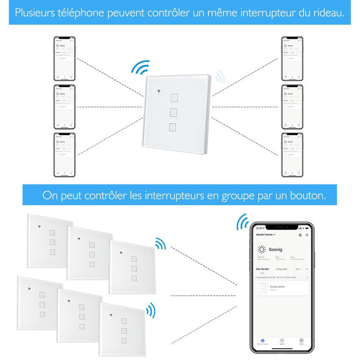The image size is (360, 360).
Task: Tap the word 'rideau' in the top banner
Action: point(329,12)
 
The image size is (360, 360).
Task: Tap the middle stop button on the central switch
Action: point(174,112)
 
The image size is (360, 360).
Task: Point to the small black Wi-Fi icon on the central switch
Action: point(158,93)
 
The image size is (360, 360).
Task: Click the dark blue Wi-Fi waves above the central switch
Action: point(140,68)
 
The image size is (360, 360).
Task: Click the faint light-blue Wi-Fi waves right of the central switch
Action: point(220,77)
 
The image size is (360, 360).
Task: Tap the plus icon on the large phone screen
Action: point(307,234)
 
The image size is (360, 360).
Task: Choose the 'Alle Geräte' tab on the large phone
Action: point(262,269)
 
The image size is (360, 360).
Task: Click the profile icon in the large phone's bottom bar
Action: point(301,341)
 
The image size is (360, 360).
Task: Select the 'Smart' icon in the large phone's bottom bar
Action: point(282,341)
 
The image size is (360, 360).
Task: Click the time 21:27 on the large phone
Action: point(259,228)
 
